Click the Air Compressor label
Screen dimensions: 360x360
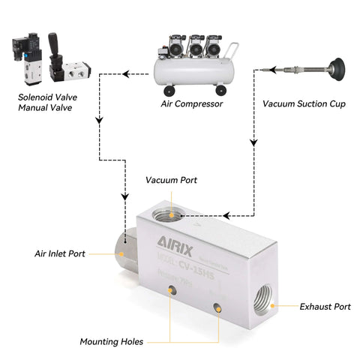click(x=192, y=103)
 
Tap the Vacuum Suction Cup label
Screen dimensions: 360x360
click(x=304, y=103)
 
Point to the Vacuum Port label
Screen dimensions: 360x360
click(x=172, y=181)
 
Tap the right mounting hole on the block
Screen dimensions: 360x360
click(x=217, y=305)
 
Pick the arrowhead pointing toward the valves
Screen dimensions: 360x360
click(x=125, y=73)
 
